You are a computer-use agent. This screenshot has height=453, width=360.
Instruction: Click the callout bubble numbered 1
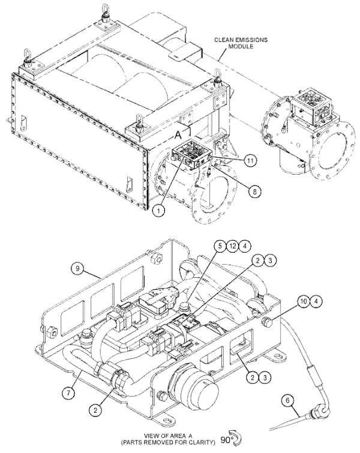pos(158,211)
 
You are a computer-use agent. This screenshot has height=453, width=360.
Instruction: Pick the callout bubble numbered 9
pos(77,269)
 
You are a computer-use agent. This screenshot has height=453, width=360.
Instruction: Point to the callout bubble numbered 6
pos(287,401)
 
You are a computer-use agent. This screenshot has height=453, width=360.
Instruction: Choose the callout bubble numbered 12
pos(233,246)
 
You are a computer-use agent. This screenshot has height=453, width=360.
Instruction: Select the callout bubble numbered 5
pos(220,246)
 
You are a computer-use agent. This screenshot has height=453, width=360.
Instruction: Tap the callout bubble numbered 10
pos(304,302)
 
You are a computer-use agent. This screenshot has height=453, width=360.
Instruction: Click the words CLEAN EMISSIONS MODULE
pos(241,43)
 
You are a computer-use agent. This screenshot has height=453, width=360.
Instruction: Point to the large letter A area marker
pos(179,134)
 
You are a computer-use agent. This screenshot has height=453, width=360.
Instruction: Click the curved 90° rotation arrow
pos(236,438)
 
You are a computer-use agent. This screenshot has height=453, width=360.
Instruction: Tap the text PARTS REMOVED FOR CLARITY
pos(169,442)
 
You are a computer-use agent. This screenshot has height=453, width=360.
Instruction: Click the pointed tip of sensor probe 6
pos(271,430)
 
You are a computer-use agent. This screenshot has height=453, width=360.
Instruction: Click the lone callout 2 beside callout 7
pos(95,410)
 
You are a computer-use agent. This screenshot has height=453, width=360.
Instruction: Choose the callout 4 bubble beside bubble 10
pos(316,302)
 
